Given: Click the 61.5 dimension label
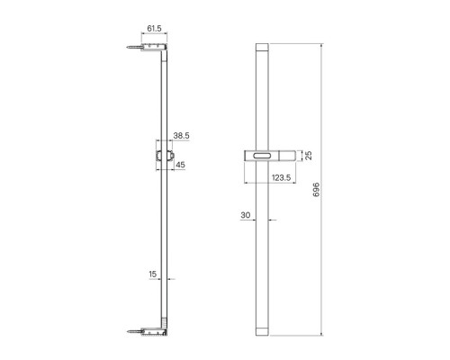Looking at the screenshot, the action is tap(154, 28).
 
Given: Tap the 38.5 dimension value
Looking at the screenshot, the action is tap(182, 136).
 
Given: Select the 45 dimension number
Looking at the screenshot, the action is tap(180, 165).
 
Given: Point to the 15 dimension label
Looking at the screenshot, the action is tap(153, 274).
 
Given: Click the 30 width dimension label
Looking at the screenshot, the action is tap(245, 215).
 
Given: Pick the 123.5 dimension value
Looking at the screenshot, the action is tap(282, 177).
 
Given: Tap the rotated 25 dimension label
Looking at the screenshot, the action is tap(309, 156).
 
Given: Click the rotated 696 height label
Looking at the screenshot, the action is tap(317, 190).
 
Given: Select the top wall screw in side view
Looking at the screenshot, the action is tap(134, 47).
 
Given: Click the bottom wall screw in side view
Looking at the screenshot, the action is tap(134, 331).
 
